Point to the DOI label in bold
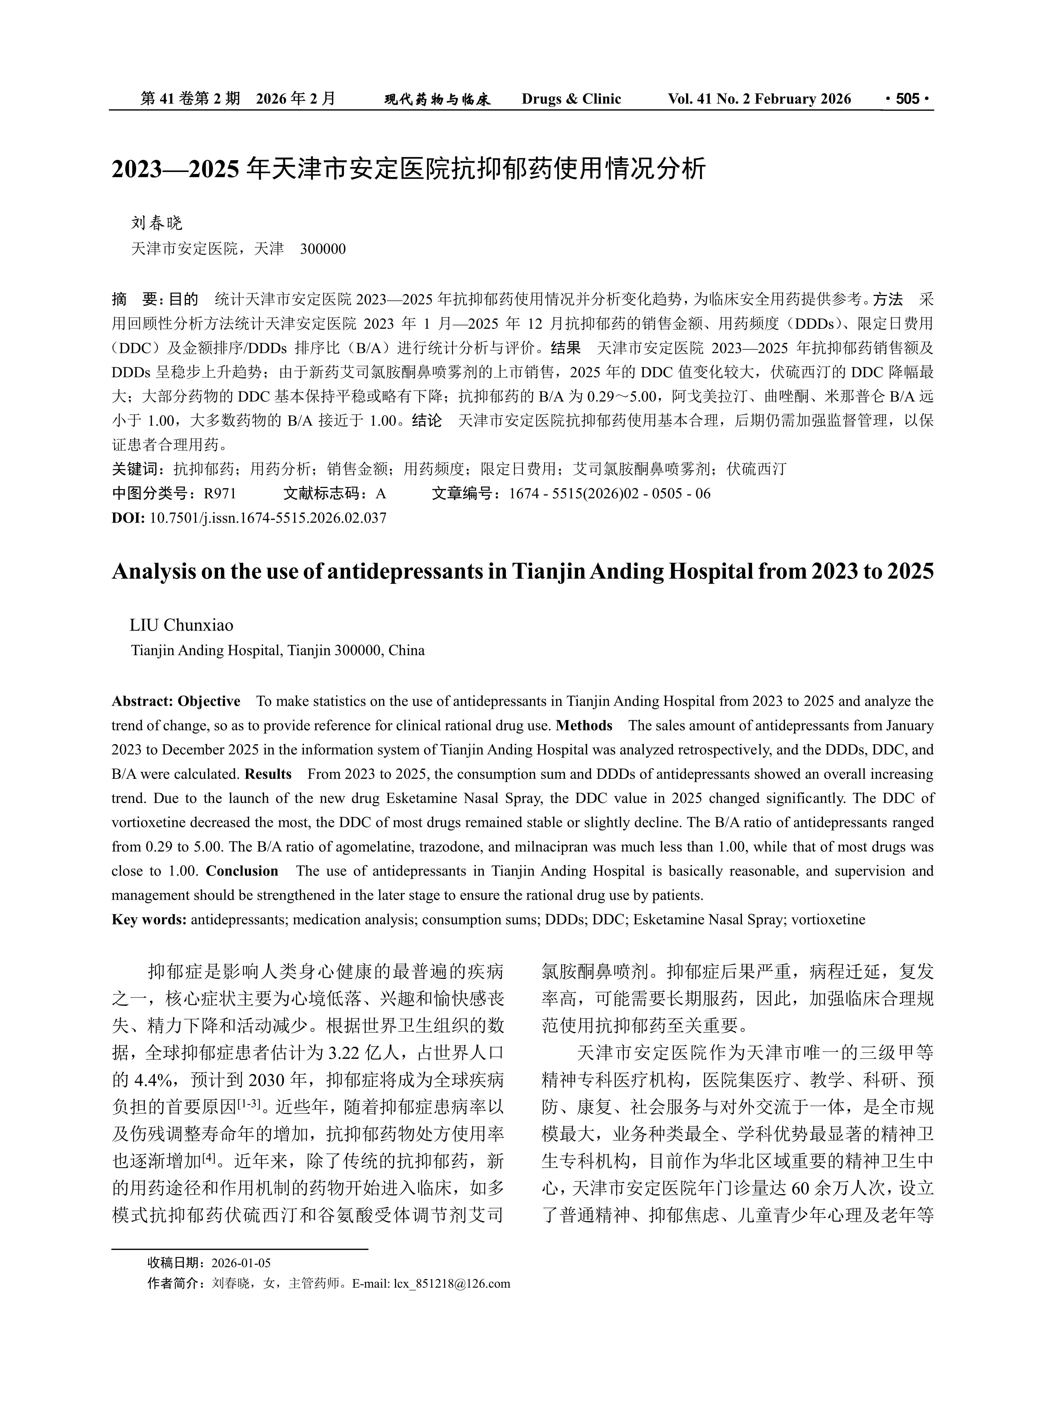coord(128,518)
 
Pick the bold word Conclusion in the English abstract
coord(242,871)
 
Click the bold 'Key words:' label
coord(149,920)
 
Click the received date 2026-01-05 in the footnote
coord(241,1263)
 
